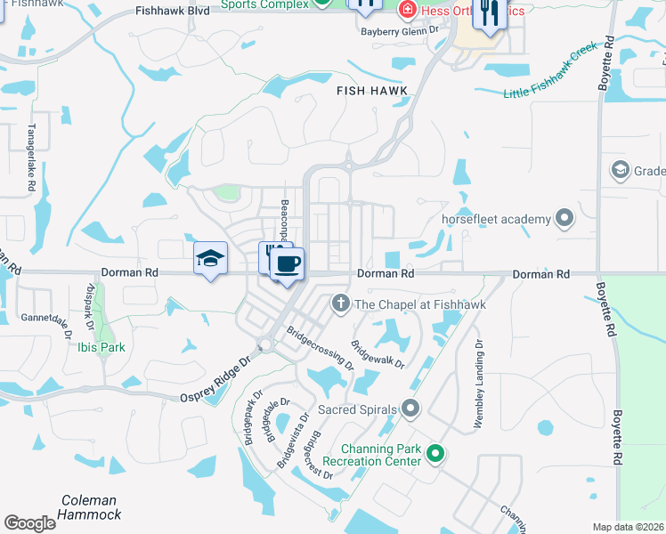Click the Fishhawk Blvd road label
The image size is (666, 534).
[173, 12]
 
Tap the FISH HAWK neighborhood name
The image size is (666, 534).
[371, 91]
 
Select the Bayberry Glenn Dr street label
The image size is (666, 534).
[400, 29]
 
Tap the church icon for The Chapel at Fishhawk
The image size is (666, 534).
[339, 304]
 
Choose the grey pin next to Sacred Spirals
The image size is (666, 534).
[410, 409]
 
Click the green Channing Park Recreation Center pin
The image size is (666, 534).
[435, 454]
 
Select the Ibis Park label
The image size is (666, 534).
[101, 347]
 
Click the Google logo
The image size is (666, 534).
[29, 523]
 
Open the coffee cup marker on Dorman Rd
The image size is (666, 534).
[287, 264]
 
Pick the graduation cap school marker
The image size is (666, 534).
[210, 259]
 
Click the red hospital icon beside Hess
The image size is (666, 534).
[407, 10]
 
